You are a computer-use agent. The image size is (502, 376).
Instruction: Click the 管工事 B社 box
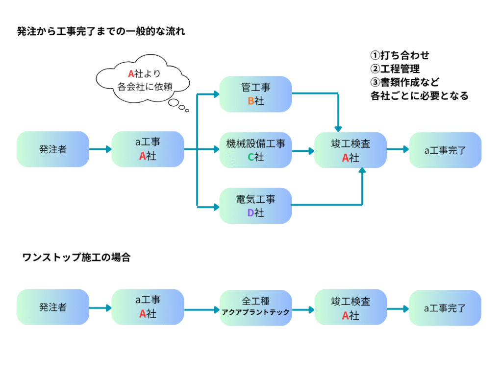255,94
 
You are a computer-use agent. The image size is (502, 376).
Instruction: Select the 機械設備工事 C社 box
255,150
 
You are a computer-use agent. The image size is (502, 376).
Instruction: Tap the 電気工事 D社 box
255,206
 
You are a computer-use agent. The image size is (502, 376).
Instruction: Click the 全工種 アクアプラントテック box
255,307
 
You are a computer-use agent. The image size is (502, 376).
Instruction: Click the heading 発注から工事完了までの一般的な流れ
101,32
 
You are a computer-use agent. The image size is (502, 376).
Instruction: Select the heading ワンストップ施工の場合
76,258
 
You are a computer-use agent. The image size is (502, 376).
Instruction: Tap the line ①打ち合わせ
400,55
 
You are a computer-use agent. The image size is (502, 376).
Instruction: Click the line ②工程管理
395,69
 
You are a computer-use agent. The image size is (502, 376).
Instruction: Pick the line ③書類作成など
405,82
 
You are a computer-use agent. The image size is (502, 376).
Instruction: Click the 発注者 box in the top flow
53,150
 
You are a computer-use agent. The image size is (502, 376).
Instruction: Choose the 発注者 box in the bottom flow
53,307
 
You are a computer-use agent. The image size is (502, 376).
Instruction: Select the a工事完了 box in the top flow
445,150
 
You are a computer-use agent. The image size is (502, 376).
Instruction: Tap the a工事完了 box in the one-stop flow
445,307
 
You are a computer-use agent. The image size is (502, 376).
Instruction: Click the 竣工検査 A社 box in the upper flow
351,150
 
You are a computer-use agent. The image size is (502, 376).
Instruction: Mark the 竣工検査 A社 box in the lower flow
351,307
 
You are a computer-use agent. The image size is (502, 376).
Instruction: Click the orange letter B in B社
250,101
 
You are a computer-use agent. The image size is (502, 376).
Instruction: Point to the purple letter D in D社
250,213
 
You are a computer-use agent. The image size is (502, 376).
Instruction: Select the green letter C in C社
250,157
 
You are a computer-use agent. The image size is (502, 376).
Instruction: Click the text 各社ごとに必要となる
420,95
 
